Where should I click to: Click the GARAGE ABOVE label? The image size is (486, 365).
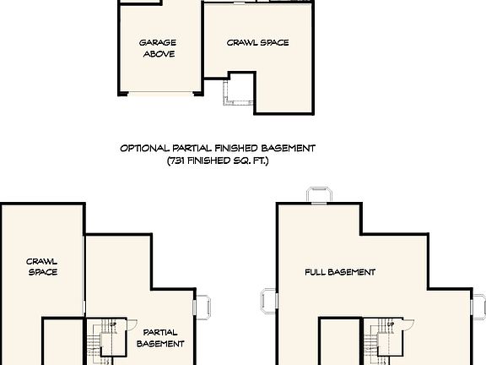tap(158, 47)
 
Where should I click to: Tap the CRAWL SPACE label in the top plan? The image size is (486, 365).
tap(257, 41)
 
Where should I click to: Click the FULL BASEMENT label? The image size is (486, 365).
tap(340, 272)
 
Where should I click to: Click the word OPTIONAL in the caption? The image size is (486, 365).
tap(146, 148)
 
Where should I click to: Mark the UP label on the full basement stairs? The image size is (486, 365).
tap(390, 324)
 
